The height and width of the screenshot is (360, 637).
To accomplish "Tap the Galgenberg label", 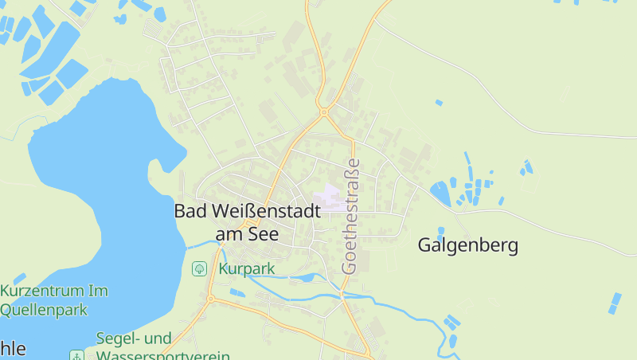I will click(x=468, y=245).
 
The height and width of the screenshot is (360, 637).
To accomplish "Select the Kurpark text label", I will click(x=248, y=269).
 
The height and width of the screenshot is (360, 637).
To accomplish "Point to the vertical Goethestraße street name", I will click(x=350, y=216).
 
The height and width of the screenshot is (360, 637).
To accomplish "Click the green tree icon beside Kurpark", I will click(x=199, y=269).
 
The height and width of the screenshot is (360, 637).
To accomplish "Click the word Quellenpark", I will click(x=43, y=311).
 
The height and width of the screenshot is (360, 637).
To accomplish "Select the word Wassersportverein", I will click(x=163, y=355).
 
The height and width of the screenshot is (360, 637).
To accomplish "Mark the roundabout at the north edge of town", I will click(x=324, y=112).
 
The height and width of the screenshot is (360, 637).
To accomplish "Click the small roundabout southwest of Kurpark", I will click(x=211, y=299).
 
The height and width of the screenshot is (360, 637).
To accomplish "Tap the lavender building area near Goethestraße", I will click(x=330, y=196).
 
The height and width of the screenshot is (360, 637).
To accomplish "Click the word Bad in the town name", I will click(x=189, y=211).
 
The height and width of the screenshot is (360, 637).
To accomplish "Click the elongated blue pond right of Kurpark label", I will click(x=303, y=279).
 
